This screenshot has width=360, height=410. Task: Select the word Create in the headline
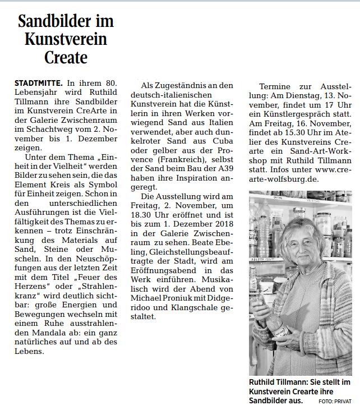click(66, 57)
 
